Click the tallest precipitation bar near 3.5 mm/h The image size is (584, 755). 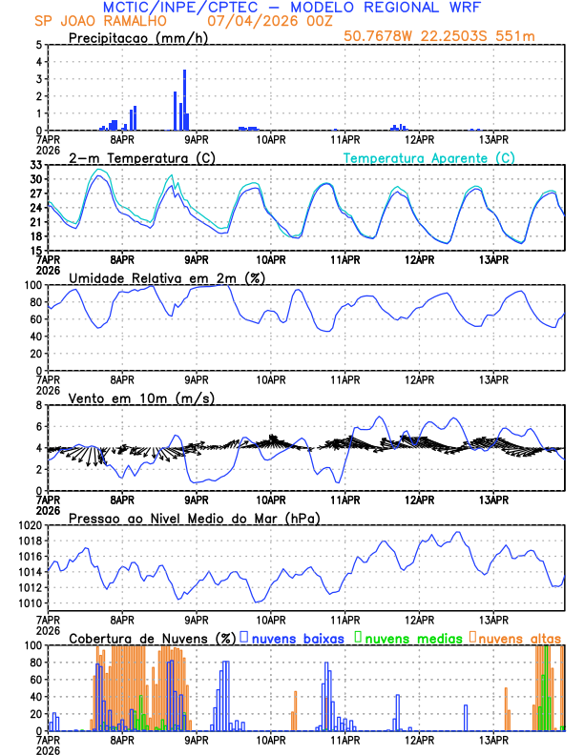[184, 99]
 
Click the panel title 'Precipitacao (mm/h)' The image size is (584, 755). [137, 37]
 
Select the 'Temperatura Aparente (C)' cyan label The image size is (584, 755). [429, 157]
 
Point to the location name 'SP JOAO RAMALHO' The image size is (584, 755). [92, 21]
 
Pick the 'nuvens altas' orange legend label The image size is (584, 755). [519, 638]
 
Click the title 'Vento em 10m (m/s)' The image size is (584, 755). [141, 398]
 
